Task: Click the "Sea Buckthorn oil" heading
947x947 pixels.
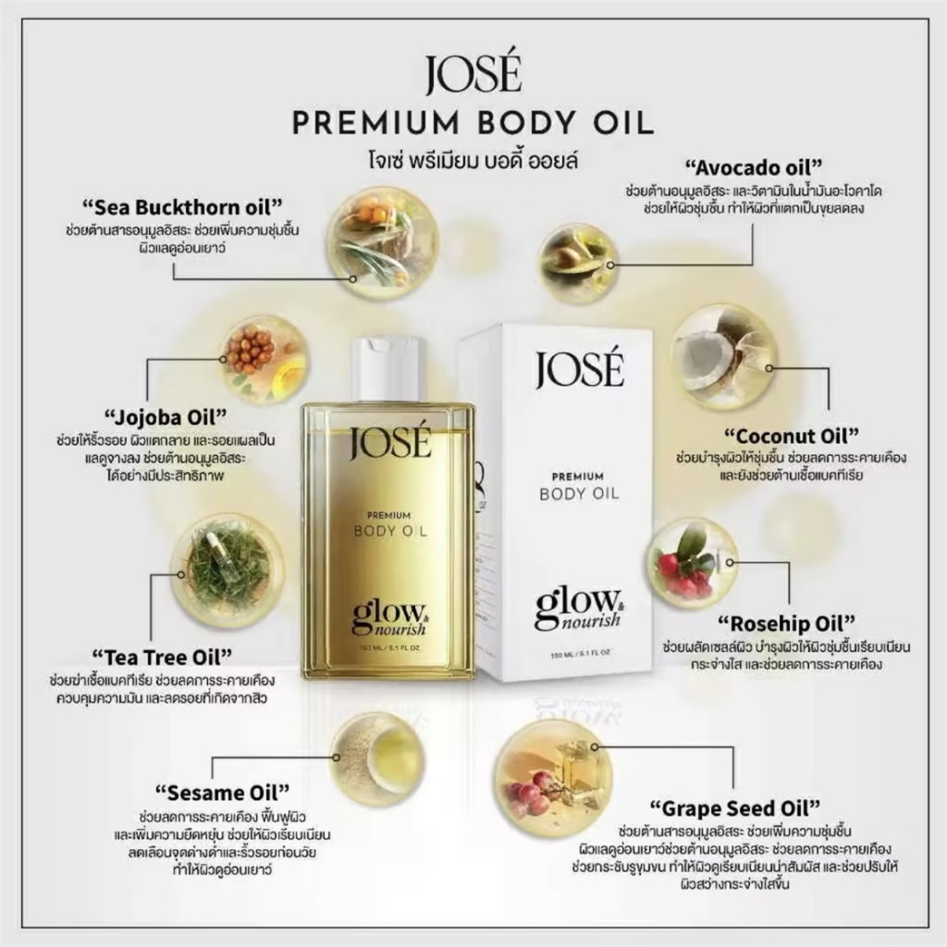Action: coord(182,207)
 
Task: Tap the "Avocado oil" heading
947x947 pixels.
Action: coord(754,166)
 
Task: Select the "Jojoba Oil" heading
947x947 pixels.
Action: coord(166,417)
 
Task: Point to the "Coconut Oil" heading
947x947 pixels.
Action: coord(792,436)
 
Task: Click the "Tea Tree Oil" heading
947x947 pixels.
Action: coord(162,657)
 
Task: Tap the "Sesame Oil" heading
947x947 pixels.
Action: coord(222,792)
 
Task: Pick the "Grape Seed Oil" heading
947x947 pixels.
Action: coord(735,808)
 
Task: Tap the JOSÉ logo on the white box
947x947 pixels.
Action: coord(579,368)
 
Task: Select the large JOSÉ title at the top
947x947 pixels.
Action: coord(473,74)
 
